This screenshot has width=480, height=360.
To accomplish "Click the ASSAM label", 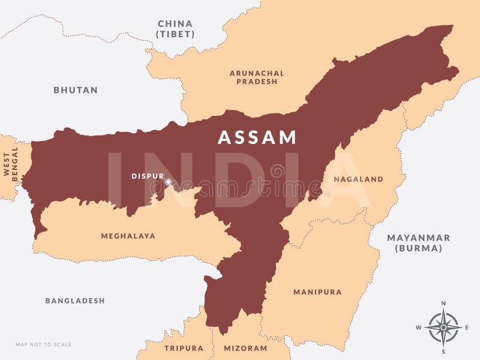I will (257, 137).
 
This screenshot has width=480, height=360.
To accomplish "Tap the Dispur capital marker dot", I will (168, 182).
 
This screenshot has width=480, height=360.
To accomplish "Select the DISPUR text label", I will (148, 176).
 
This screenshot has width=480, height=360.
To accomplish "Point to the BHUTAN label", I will (76, 90).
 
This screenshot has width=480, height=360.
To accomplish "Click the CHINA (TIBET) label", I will (175, 29).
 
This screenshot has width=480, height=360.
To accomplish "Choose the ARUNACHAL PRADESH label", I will (257, 77).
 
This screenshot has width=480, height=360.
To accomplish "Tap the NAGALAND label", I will (358, 179).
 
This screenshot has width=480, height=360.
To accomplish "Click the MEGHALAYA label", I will (128, 236).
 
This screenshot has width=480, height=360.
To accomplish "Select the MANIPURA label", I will (317, 292).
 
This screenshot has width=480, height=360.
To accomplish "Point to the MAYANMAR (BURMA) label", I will (418, 242).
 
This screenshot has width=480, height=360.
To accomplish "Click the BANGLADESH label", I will (75, 301).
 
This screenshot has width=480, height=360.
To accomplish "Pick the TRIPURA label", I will (183, 348).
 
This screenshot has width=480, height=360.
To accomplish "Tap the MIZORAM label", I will (245, 348).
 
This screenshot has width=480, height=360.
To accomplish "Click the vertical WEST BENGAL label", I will (11, 164).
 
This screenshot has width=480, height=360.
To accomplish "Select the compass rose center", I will (443, 328).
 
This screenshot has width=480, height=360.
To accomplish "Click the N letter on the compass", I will (443, 304).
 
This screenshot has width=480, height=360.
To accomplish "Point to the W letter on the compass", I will (419, 328).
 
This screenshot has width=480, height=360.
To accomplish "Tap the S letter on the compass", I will (443, 352).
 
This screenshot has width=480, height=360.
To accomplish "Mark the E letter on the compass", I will (467, 328).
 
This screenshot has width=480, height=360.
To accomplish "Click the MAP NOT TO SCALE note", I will (43, 344).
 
